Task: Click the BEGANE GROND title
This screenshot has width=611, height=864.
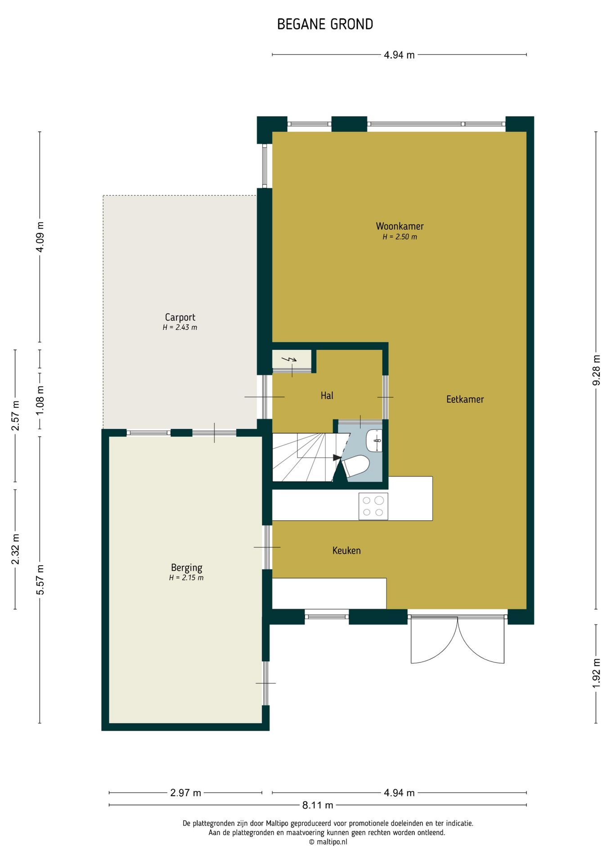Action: [325, 24]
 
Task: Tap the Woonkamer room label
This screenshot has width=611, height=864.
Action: [400, 226]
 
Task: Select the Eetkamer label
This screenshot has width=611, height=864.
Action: [465, 399]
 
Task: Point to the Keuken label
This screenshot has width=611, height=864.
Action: [346, 550]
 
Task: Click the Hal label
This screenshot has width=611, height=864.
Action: [327, 396]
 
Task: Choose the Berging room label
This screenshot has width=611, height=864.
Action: [187, 568]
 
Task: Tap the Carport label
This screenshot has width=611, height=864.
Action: [180, 317]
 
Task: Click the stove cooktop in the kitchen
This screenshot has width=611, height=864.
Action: [373, 506]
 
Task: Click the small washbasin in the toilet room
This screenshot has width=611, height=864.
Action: [374, 441]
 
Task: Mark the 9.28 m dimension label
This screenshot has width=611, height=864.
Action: [597, 370]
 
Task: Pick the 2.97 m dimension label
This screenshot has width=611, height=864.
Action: [186, 793]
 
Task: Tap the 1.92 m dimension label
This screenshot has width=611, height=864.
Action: [597, 673]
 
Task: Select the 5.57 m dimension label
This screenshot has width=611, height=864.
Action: [40, 580]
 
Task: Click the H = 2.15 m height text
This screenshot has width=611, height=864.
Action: [186, 578]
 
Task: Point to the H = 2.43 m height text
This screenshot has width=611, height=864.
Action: [180, 328]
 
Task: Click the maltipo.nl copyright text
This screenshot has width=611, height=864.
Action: [328, 842]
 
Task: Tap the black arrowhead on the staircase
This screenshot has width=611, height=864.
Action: [337, 457]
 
